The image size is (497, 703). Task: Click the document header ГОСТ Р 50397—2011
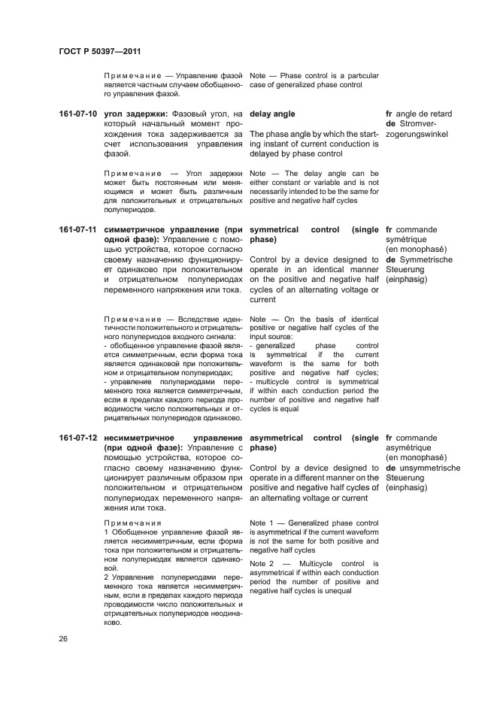(x=100, y=51)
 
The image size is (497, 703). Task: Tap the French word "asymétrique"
(x=408, y=448)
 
